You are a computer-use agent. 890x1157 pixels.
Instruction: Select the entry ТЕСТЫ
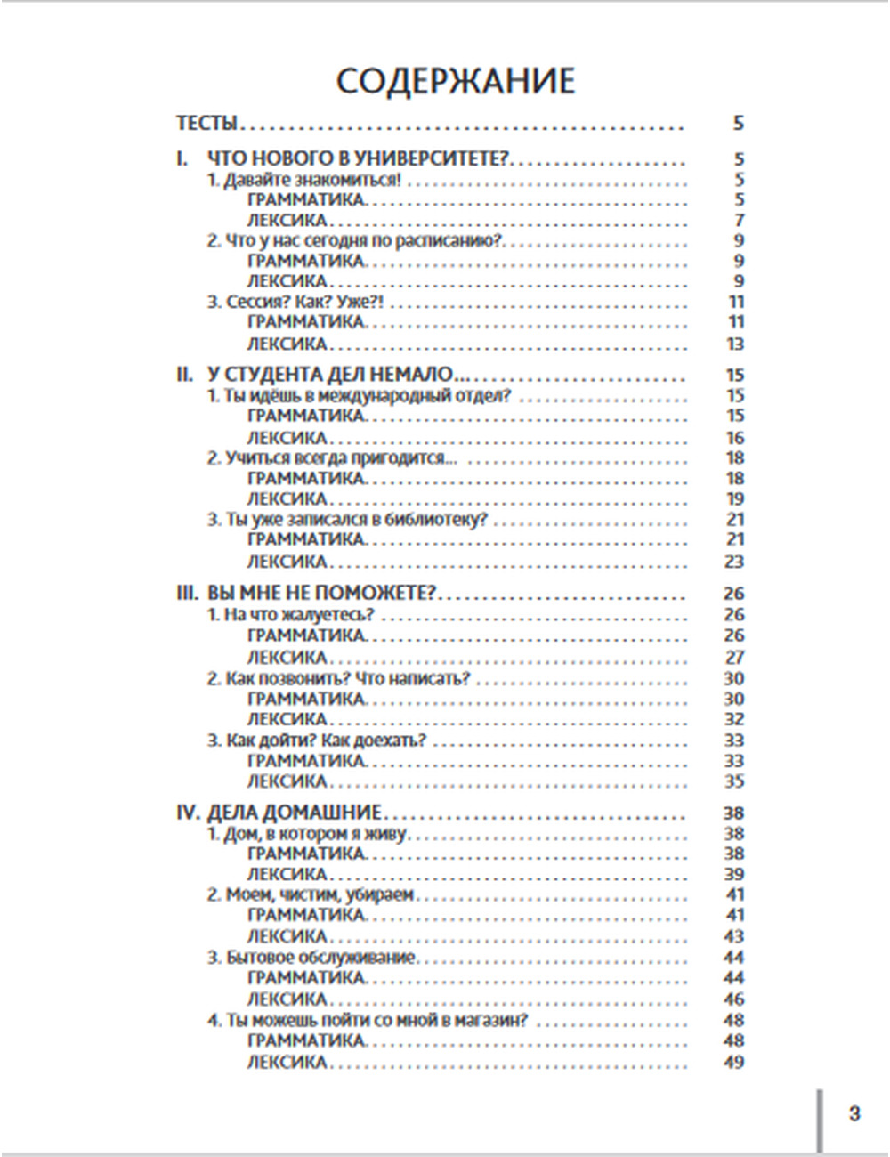[207, 123]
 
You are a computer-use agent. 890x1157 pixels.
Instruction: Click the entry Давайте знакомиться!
[304, 180]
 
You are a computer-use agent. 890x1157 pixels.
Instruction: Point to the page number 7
[739, 220]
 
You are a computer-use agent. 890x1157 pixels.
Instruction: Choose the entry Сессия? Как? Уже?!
[295, 302]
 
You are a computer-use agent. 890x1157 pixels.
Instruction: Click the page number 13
[735, 344]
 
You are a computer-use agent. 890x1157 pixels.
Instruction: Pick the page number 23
[734, 562]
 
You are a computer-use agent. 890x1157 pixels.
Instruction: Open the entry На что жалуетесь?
[291, 614]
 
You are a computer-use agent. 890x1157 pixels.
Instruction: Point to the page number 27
[734, 658]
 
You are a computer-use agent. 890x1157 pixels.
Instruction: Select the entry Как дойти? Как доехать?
[318, 740]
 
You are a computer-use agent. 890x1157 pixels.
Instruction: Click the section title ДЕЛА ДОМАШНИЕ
[295, 813]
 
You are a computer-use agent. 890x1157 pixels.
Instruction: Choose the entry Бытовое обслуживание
[311, 958]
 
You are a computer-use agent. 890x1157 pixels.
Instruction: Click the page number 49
[734, 1062]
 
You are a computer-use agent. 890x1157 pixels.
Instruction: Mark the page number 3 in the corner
[854, 1113]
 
